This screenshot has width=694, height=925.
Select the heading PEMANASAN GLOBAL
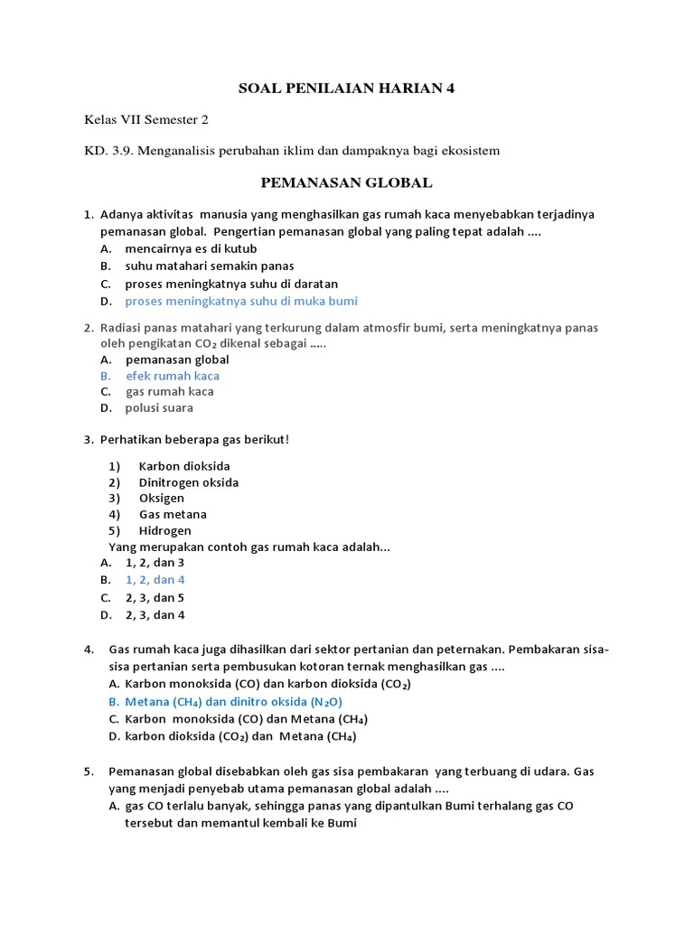347,183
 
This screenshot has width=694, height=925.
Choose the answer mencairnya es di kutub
191,248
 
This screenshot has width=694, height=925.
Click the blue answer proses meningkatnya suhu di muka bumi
241,302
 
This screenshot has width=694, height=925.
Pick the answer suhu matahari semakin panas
210,266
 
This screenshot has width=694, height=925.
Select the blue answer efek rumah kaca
172,376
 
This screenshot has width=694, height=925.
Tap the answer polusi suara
159,408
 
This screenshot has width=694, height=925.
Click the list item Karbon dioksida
184,466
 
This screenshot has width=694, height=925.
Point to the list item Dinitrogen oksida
189,482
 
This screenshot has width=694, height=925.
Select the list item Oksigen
162,499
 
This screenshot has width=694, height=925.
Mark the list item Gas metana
173,515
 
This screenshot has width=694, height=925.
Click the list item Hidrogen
165,531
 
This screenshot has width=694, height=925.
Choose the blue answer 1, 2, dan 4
155,580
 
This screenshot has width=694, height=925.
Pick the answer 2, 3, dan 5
155,598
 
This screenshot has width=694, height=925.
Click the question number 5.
89,771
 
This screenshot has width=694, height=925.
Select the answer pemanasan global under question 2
177,360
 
